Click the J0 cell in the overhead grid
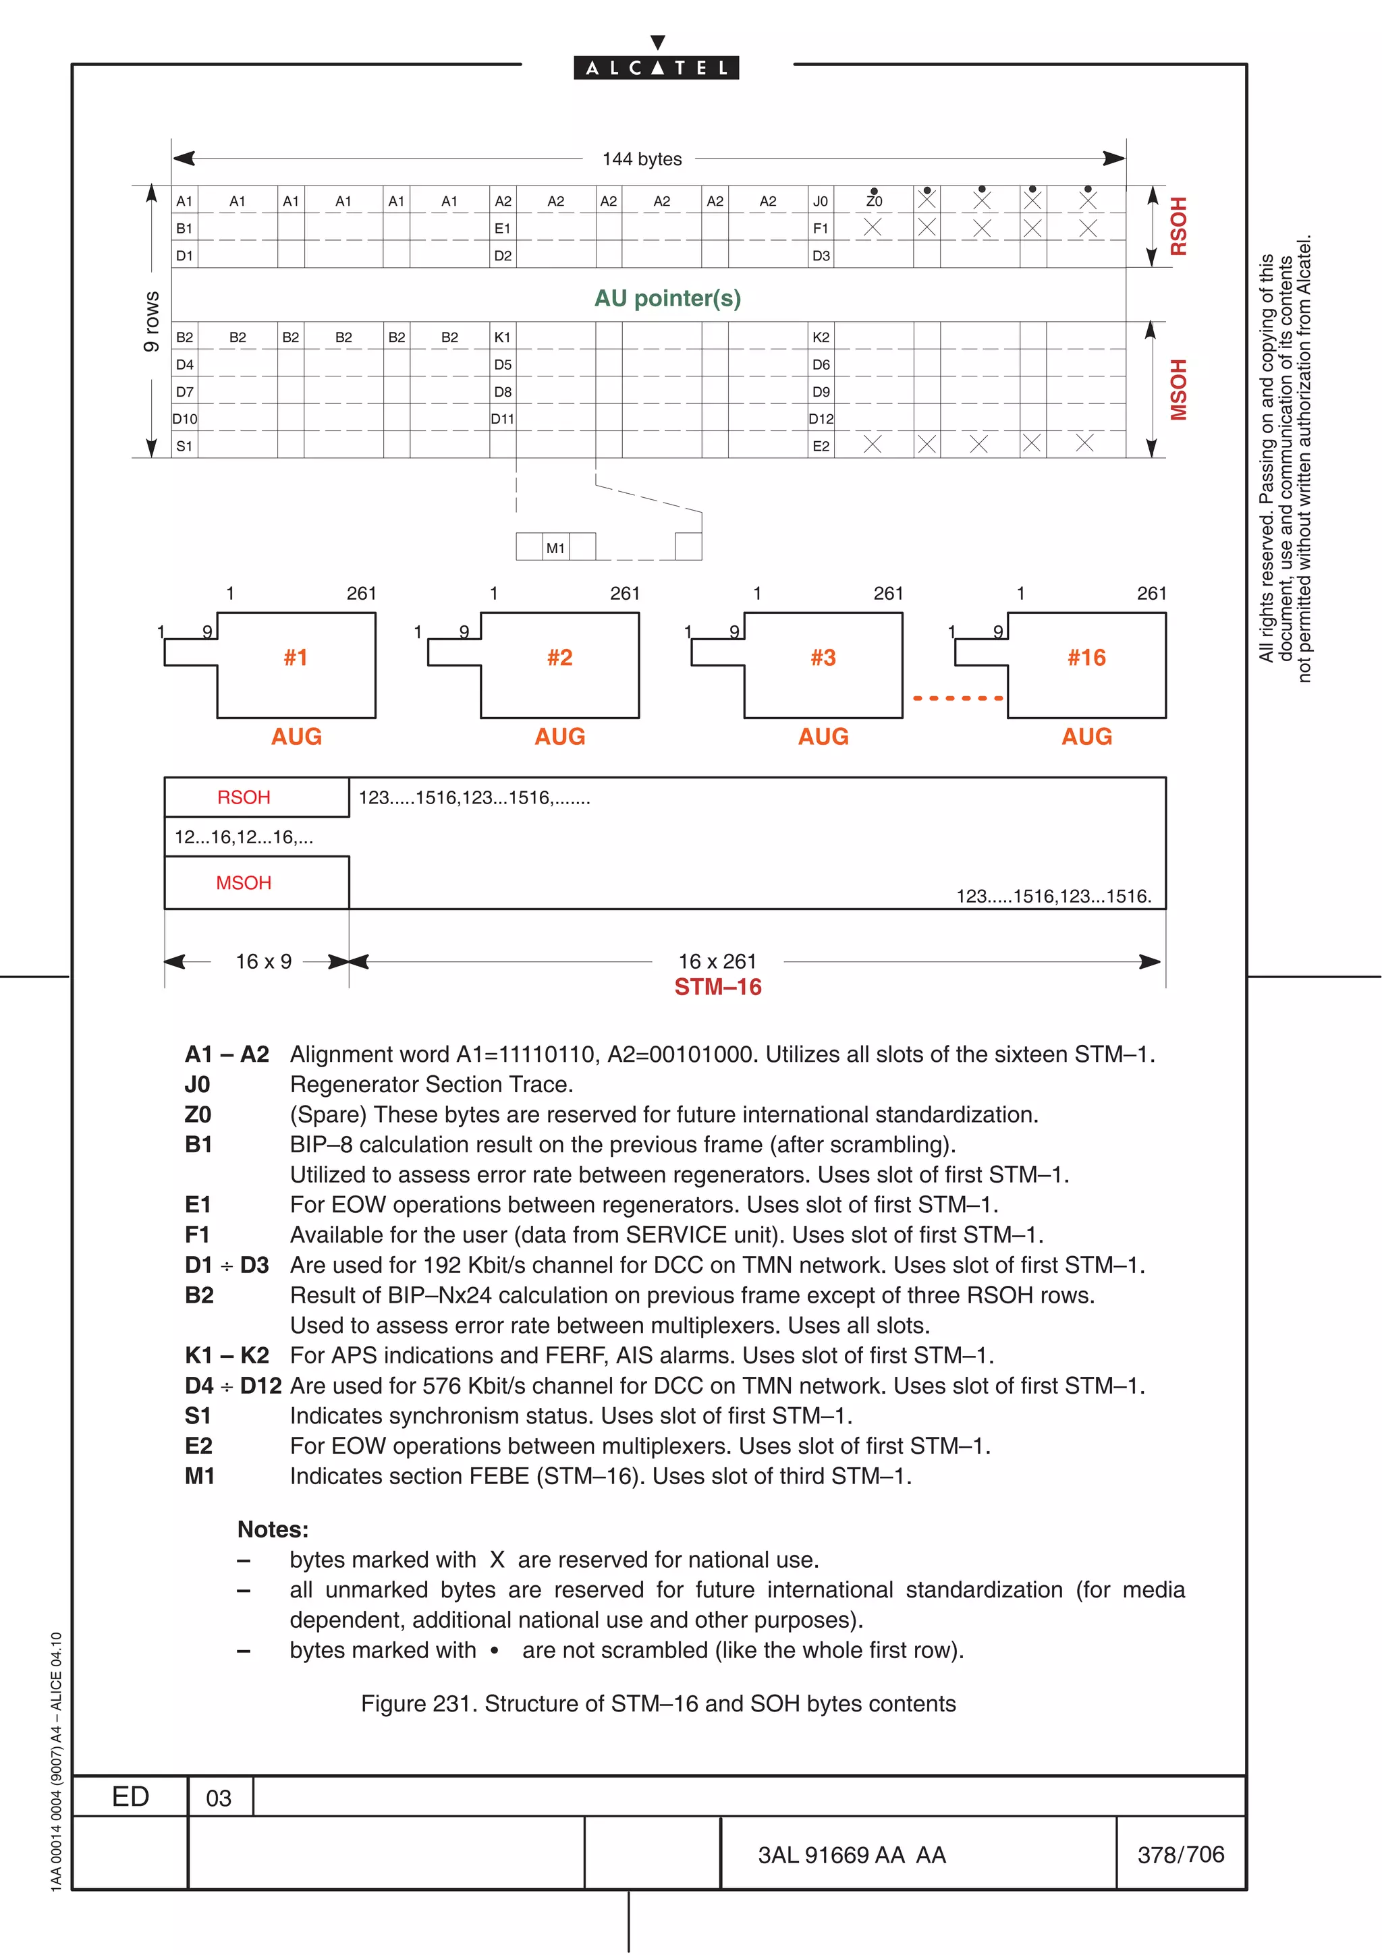click(x=820, y=201)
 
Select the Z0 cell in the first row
click(x=874, y=201)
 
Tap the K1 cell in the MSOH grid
click(x=502, y=337)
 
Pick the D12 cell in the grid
click(x=821, y=419)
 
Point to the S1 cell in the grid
click(x=184, y=446)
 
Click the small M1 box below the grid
click(x=555, y=548)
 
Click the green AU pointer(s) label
click(x=667, y=298)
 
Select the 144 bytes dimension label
click(x=642, y=159)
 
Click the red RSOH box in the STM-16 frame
click(x=244, y=797)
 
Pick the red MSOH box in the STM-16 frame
click(x=244, y=883)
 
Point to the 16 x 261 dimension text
click(x=717, y=961)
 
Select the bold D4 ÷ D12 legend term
click(x=232, y=1386)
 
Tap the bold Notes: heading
click(x=273, y=1529)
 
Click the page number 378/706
click(x=1180, y=1854)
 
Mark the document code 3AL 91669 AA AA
click(x=852, y=1855)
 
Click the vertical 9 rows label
click(x=152, y=321)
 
